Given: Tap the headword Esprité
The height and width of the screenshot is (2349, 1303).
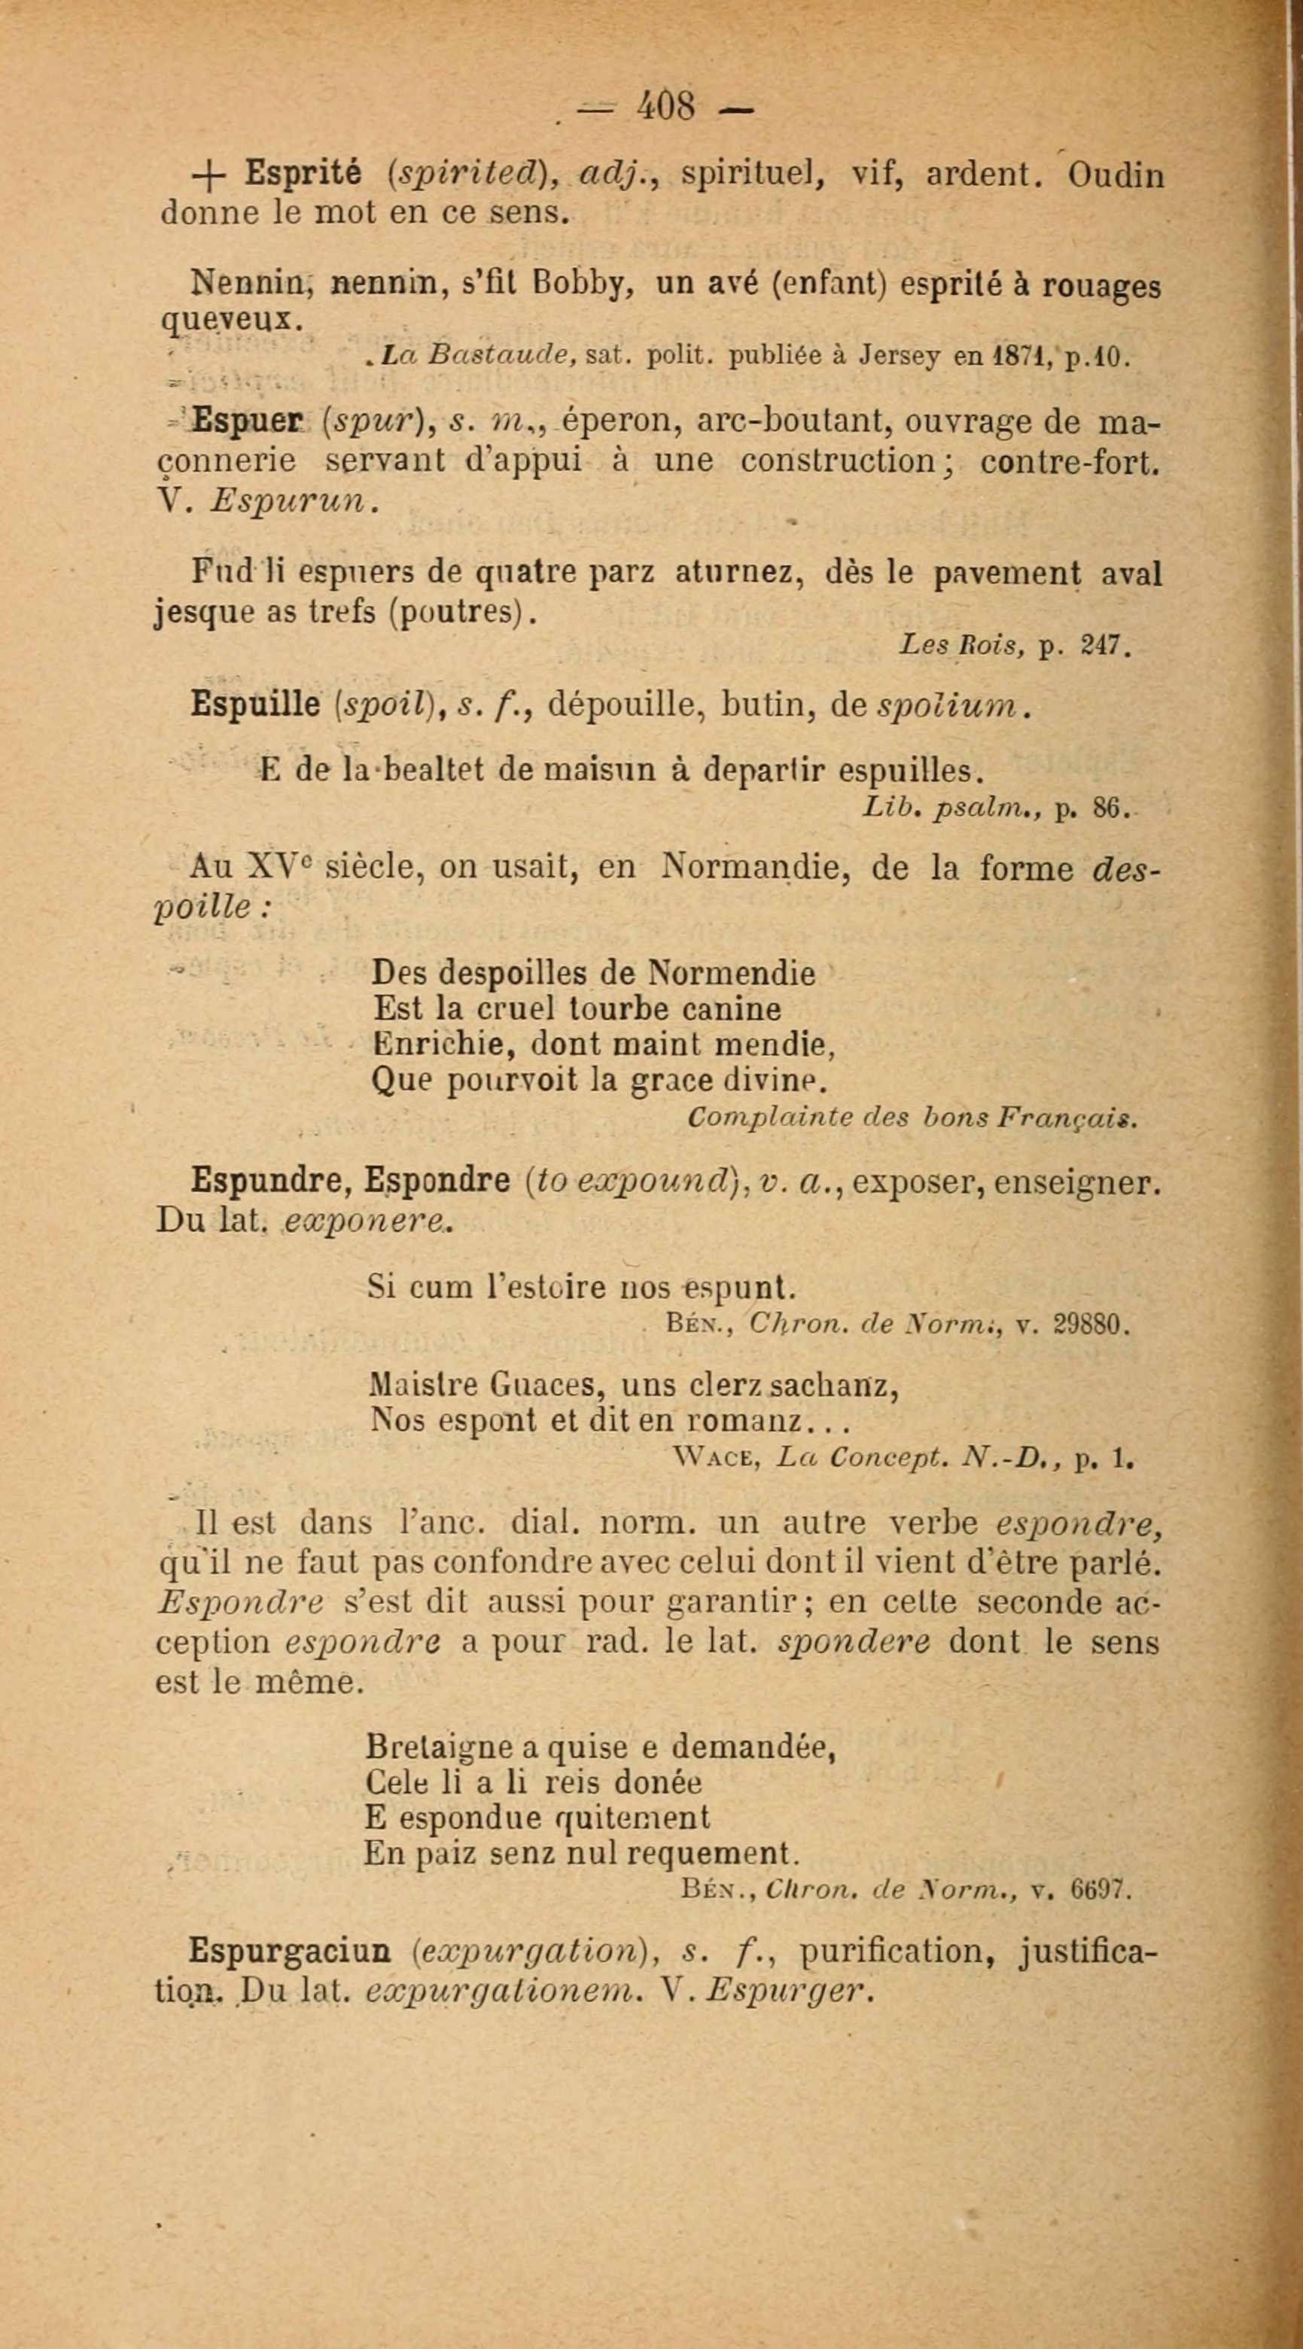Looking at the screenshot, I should point(303,174).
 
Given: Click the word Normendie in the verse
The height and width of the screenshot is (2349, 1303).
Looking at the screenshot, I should point(731,974).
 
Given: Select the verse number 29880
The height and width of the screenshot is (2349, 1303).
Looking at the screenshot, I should point(1091,1325).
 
